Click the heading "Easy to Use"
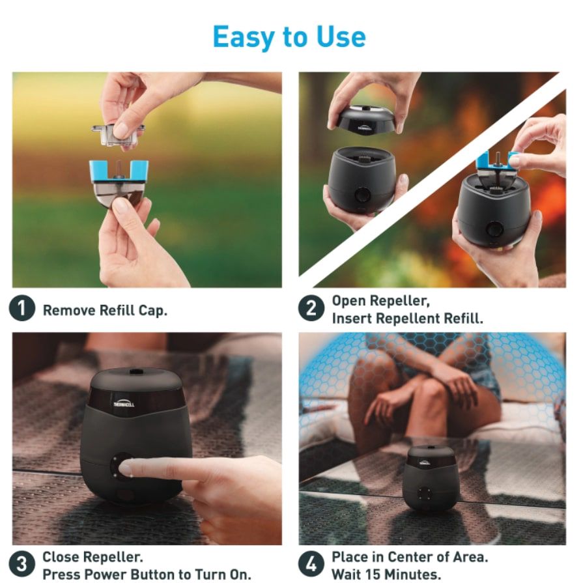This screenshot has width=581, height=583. [x=289, y=37]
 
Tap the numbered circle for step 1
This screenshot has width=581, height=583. [x=22, y=308]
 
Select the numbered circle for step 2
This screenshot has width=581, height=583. [x=311, y=308]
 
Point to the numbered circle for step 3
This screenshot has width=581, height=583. [x=22, y=563]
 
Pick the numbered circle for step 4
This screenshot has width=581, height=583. [x=311, y=563]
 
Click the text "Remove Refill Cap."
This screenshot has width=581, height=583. [x=106, y=311]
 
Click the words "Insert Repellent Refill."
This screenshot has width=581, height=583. [x=407, y=319]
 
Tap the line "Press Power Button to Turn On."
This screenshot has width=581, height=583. [x=147, y=575]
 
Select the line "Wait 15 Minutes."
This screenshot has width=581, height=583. [x=386, y=575]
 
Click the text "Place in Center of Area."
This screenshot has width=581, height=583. [x=410, y=557]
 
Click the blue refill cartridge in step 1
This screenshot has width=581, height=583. [x=119, y=182]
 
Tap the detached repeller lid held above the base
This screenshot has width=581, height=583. [x=365, y=120]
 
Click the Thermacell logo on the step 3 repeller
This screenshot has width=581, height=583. [x=124, y=403]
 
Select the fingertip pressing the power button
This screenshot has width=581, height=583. [x=126, y=467]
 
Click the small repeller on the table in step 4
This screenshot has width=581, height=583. [x=431, y=479]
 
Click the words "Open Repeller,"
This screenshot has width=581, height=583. [x=380, y=301]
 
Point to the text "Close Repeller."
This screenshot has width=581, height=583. [x=92, y=557]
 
